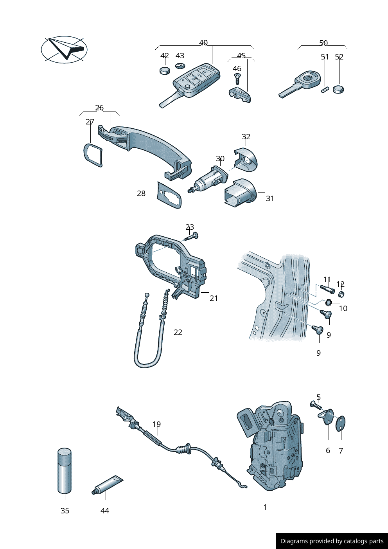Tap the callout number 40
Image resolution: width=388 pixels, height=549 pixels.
203,43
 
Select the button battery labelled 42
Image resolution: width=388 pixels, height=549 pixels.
165,70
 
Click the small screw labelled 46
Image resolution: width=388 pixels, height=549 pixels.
237,79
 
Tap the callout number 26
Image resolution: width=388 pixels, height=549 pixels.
99,108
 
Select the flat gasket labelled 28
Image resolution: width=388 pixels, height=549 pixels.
169,195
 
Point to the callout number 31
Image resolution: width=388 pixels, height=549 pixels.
270,198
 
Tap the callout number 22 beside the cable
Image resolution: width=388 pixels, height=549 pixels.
178,332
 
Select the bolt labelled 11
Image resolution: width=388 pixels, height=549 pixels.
327,290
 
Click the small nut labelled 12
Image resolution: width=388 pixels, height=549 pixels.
341,294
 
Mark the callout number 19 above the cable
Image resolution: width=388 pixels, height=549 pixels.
156,424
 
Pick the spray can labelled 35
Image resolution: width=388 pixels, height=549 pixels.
65,471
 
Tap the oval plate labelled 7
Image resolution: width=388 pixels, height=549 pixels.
341,423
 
